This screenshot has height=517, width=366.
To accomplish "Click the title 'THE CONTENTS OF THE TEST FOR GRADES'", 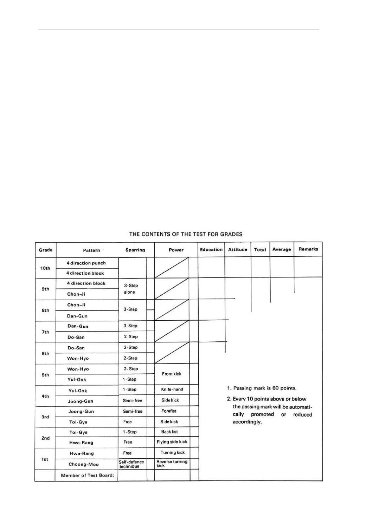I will [186, 234].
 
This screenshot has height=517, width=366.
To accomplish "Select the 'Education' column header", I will [211, 249].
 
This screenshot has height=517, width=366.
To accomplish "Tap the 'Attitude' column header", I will [238, 249].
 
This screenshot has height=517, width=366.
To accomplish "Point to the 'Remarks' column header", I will [308, 249].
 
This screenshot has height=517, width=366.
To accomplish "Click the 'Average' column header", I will [282, 249].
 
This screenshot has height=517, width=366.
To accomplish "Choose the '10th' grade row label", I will [45, 268].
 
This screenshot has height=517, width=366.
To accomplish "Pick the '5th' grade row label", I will [45, 375].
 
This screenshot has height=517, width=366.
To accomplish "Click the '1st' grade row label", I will [45, 459].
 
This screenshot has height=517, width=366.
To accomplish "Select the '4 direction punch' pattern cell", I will [86, 263].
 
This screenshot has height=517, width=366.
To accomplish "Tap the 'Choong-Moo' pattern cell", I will [84, 464].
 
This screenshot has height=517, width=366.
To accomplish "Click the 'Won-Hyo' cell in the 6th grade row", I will [78, 358].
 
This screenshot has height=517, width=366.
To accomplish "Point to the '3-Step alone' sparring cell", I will [131, 289].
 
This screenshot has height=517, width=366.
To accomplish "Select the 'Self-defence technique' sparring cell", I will [131, 464].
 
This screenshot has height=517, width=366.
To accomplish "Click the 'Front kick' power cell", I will [172, 374].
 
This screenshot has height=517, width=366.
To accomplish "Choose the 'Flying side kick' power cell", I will [172, 442].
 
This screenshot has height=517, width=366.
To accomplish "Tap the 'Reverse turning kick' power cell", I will [172, 464].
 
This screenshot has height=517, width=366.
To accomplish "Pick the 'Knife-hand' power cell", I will [172, 389].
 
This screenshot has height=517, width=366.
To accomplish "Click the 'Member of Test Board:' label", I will [87, 475].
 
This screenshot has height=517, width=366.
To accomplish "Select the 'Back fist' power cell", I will [169, 432].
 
